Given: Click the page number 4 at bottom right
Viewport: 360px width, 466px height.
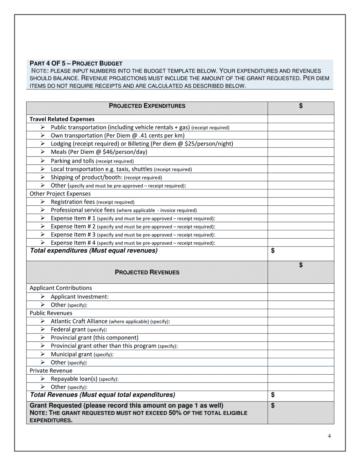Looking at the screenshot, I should [329, 436].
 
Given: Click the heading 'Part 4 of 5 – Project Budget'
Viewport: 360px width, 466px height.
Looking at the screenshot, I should [76, 63].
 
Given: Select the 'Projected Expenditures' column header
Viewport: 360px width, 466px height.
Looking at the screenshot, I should [147, 106].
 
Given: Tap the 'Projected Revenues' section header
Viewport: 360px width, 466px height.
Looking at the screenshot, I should [147, 272].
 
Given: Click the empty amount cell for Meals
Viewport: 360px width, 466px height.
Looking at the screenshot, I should [301, 152].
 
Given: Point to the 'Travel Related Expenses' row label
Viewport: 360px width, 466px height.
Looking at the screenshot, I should [62, 119].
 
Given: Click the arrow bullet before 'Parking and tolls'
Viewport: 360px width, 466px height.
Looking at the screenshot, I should [43, 161].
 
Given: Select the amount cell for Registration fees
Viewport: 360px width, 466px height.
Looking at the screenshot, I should [301, 202].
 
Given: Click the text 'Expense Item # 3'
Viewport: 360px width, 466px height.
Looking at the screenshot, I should [73, 235].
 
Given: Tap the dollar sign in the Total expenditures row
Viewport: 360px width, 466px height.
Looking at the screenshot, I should [273, 251].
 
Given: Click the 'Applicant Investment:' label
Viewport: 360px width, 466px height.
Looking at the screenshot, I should [80, 297].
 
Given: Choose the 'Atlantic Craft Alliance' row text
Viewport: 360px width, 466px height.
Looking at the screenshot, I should [79, 321].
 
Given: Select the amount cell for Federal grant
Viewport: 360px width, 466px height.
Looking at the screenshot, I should [301, 330].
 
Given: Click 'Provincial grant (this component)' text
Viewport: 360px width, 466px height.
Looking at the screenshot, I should [94, 338].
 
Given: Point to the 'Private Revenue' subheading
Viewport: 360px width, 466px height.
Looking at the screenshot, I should [51, 371].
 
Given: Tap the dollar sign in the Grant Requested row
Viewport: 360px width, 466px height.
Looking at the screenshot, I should [273, 406].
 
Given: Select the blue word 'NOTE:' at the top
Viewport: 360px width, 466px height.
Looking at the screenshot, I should [40, 71].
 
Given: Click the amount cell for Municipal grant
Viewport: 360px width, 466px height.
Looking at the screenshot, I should [301, 354].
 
